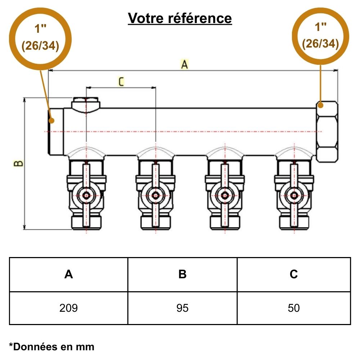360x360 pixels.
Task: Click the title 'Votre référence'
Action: (180, 18)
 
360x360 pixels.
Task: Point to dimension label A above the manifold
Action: (184, 65)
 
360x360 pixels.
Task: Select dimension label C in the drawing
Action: (121, 82)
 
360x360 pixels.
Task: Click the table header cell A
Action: (68, 274)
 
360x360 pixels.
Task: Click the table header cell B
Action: (183, 274)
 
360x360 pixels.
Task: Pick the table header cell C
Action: (294, 274)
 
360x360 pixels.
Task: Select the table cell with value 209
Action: (68, 308)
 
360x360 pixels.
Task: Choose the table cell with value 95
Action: (183, 308)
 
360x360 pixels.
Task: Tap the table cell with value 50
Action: (294, 308)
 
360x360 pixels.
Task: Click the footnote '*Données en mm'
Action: (51, 347)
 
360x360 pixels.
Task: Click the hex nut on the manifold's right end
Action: (327, 131)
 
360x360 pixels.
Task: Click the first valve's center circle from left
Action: (86, 196)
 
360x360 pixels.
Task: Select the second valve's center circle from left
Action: (156, 196)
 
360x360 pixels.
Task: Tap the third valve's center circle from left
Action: (225, 196)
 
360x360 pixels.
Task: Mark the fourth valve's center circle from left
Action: (294, 196)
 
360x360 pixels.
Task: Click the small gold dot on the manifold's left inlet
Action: (51, 121)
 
